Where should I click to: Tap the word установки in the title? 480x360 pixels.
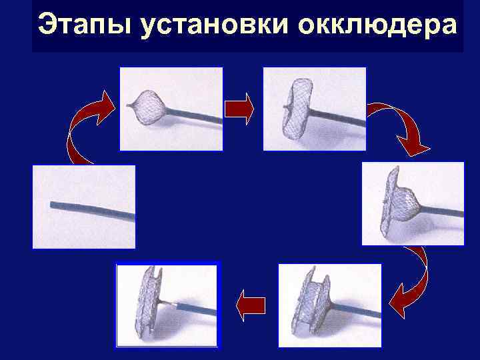214,25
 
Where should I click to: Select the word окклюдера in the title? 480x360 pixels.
377,25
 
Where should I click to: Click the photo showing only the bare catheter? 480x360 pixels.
84,207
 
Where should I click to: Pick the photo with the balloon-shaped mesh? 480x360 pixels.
171,109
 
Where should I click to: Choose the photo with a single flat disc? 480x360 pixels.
315,109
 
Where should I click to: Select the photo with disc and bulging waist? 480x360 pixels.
413,203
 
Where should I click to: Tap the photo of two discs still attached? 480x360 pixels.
330,305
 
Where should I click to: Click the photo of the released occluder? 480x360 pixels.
167,305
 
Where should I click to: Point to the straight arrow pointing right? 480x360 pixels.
239,109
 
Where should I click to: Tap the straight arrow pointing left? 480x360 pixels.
251,305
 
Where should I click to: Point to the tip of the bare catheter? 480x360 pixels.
51,205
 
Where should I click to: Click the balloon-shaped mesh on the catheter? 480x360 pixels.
150,107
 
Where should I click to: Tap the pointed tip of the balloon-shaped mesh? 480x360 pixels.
127,105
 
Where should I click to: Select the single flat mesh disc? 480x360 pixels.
297,109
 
